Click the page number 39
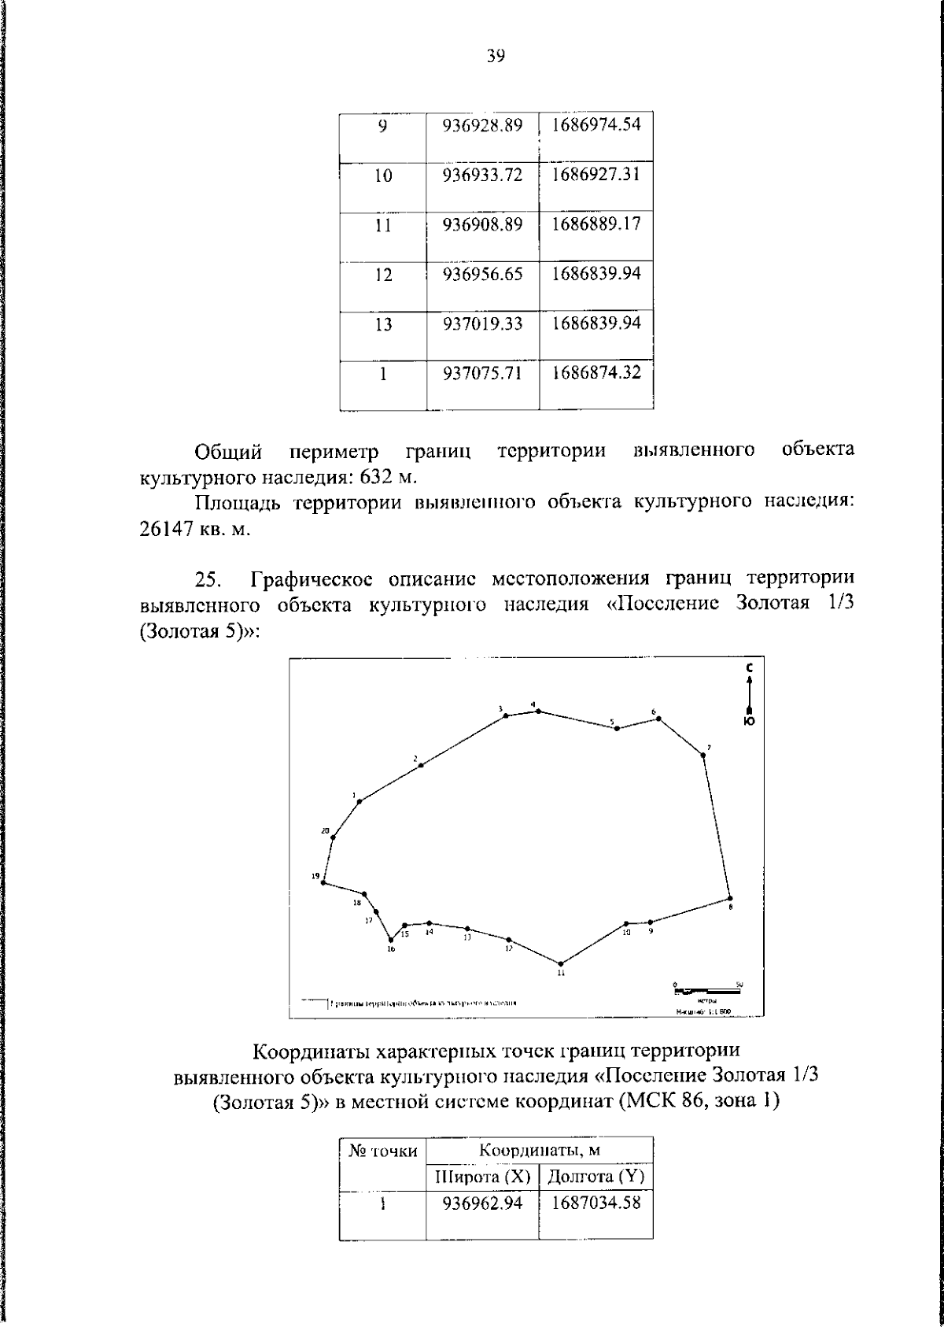pyautogui.click(x=496, y=56)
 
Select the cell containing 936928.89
pyautogui.click(x=482, y=125)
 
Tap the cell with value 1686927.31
pyautogui.click(x=596, y=175)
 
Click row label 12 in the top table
pyautogui.click(x=382, y=275)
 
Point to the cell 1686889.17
pyautogui.click(x=596, y=224)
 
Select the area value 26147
pyautogui.click(x=166, y=529)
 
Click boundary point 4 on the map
pyautogui.click(x=538, y=711)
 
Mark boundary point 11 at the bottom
pyautogui.click(x=561, y=963)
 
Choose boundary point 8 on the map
pyautogui.click(x=730, y=898)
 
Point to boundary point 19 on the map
pyautogui.click(x=323, y=882)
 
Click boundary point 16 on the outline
pyautogui.click(x=391, y=939)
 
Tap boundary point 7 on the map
pyautogui.click(x=703, y=755)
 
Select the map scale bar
pyautogui.click(x=706, y=988)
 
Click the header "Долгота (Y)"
pyautogui.click(x=596, y=1177)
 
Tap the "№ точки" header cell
pyautogui.click(x=383, y=1151)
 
